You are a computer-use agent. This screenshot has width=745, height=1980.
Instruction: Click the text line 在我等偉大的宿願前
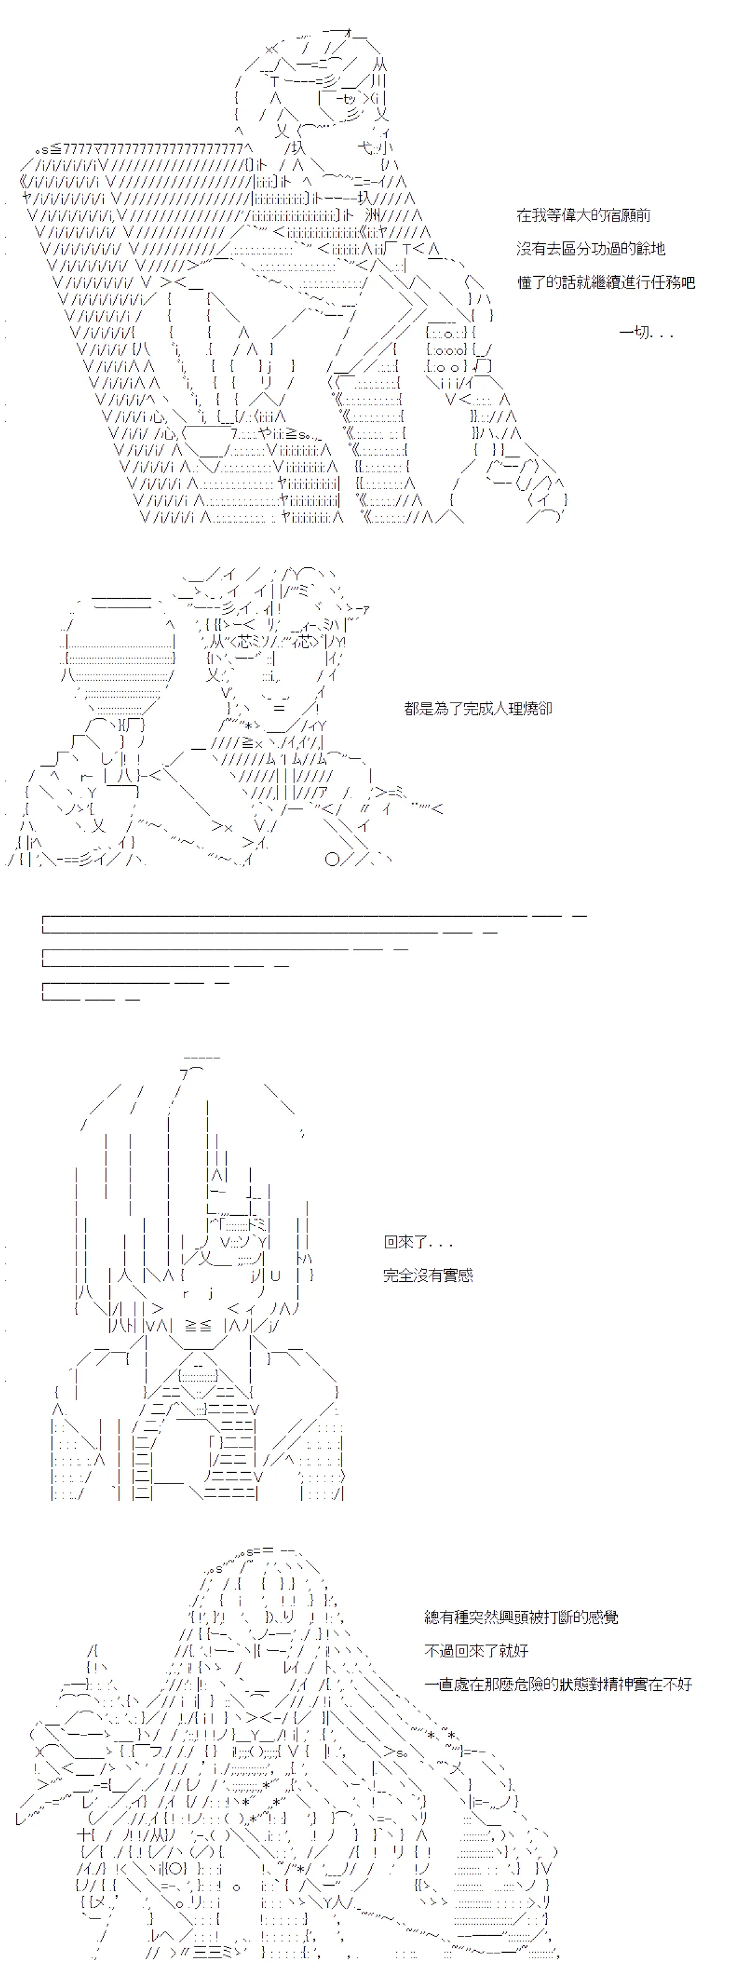[584, 215]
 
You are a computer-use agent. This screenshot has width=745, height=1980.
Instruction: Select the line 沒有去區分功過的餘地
[590, 249]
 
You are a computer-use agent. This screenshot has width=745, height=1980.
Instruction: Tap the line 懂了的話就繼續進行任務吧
[606, 283]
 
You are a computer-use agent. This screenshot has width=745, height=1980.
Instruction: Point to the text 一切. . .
[634, 333]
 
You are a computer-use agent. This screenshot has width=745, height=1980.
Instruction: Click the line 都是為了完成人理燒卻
[478, 709]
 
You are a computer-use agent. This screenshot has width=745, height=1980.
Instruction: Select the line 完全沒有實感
[428, 1275]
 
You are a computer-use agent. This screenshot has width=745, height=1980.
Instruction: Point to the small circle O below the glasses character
[332, 859]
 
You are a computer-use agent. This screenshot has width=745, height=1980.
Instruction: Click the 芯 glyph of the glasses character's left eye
[242, 641]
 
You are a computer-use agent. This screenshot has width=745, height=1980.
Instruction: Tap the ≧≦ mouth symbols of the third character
[197, 1325]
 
